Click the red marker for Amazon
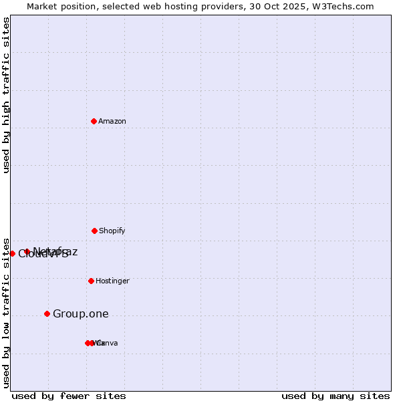[x=94, y=121]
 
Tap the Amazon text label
[x=112, y=122]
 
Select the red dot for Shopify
[x=94, y=231]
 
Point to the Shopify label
[x=112, y=231]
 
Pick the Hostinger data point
[x=91, y=281]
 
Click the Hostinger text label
[x=112, y=281]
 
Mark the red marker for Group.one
[x=47, y=313]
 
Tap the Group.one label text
[x=80, y=314]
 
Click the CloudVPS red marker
[x=12, y=253]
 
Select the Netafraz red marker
[x=27, y=252]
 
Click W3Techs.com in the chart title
[x=346, y=7]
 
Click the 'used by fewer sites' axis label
[x=69, y=396]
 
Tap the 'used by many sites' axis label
[x=336, y=396]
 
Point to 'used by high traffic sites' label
[x=7, y=95]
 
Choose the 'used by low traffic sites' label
[x=7, y=313]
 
